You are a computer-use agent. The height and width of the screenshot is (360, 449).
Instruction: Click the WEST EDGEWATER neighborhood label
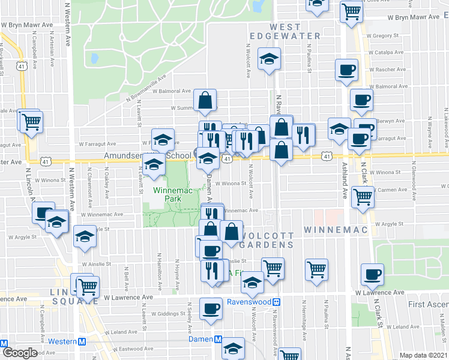click(x=295, y=32)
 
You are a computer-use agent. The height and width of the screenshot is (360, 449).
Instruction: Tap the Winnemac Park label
click(x=164, y=195)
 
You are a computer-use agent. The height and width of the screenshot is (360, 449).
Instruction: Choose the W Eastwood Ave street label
click(x=131, y=349)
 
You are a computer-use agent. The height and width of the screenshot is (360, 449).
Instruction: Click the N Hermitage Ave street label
click(x=304, y=315)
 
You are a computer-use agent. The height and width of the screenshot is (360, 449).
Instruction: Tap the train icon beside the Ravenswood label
click(x=277, y=302)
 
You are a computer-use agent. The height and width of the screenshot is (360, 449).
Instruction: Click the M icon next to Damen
click(x=218, y=340)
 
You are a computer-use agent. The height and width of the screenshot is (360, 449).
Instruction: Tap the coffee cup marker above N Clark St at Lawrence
click(x=372, y=274)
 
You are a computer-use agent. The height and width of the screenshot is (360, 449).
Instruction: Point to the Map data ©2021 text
click(x=424, y=355)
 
